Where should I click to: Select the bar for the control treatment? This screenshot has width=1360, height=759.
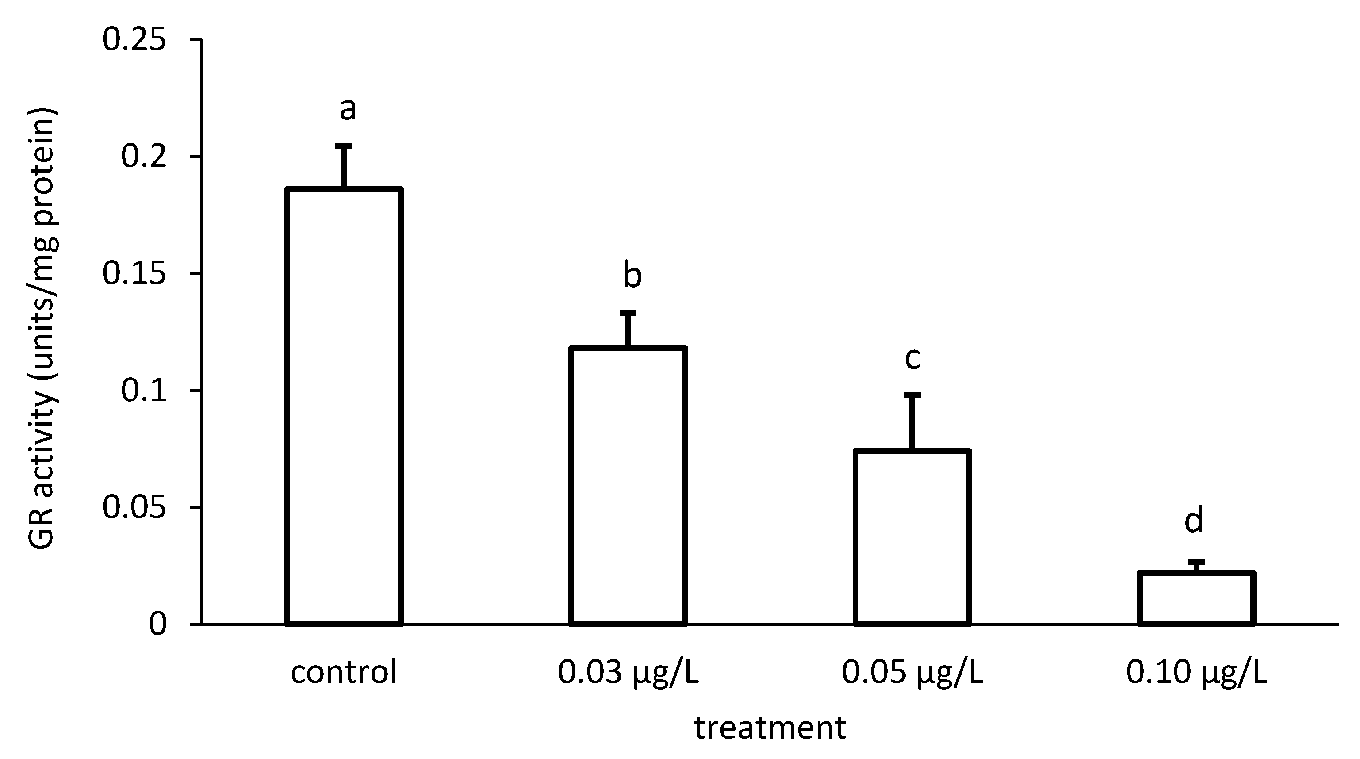click(344, 406)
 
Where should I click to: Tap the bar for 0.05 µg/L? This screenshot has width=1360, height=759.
click(912, 537)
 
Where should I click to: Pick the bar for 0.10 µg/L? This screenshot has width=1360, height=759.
click(1196, 598)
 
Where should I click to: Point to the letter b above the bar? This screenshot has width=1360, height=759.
click(632, 276)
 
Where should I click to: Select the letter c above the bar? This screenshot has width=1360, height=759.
click(913, 358)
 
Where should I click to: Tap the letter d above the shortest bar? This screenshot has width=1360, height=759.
click(1194, 520)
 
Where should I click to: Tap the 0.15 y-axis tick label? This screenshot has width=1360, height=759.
click(134, 273)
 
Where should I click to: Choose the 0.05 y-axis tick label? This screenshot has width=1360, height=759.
click(134, 507)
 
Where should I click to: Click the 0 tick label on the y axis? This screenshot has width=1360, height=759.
click(158, 625)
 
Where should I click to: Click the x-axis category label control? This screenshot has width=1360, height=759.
click(344, 673)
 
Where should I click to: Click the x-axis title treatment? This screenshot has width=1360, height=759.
click(770, 729)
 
